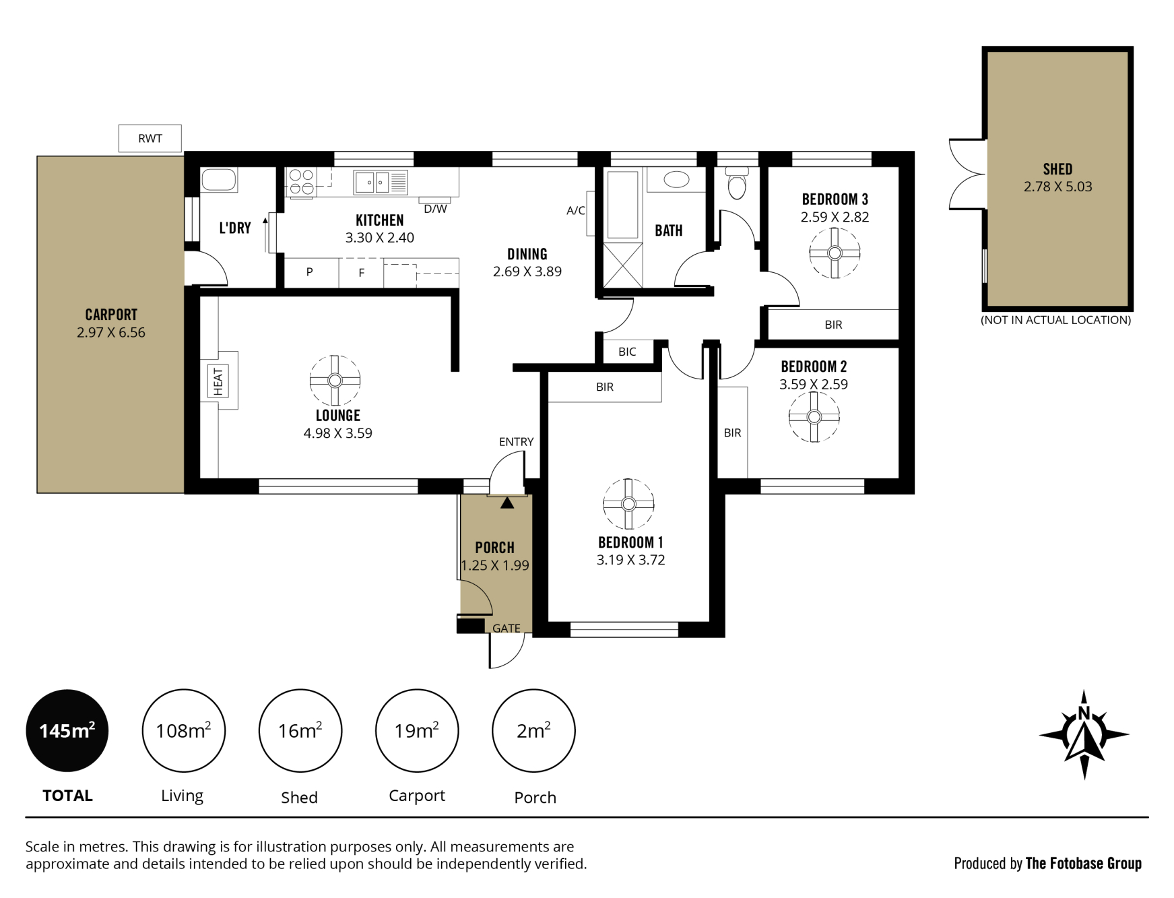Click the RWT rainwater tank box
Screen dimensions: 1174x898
click(x=150, y=138)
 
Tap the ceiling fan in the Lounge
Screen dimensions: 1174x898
click(x=335, y=381)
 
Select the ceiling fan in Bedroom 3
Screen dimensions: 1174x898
click(x=835, y=253)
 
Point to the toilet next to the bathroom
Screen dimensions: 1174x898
click(x=738, y=183)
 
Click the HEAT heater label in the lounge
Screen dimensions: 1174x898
click(x=218, y=381)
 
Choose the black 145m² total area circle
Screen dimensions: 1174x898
click(x=67, y=730)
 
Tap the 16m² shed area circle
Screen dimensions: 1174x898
click(x=300, y=730)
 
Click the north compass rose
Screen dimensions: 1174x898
click(x=1084, y=734)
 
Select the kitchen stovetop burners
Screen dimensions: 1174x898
click(x=301, y=182)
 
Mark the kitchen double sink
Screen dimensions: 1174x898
click(x=381, y=182)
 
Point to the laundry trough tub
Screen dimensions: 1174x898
click(x=219, y=180)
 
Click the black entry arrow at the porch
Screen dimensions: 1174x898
click(x=507, y=503)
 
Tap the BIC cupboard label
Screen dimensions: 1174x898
click(x=627, y=352)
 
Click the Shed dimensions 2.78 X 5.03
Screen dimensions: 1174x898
click(x=1057, y=187)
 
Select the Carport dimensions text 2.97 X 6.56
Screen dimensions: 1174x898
click(x=111, y=332)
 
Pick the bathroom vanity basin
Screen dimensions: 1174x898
click(x=676, y=179)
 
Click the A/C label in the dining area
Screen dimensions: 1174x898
click(x=576, y=211)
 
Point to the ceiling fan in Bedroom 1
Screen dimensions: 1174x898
click(x=628, y=504)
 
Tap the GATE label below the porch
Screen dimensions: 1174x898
click(x=507, y=629)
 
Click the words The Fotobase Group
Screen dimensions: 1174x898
click(x=1083, y=863)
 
